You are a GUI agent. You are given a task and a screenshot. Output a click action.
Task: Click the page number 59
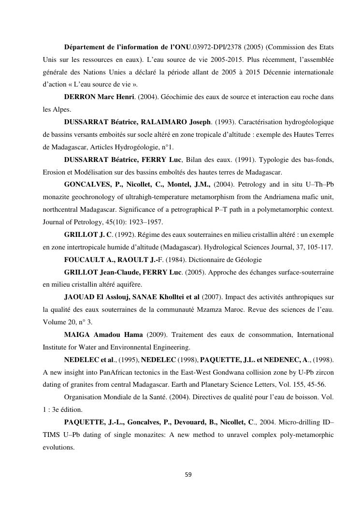click(188, 474)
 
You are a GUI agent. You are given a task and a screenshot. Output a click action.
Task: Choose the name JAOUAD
click(78, 297)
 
